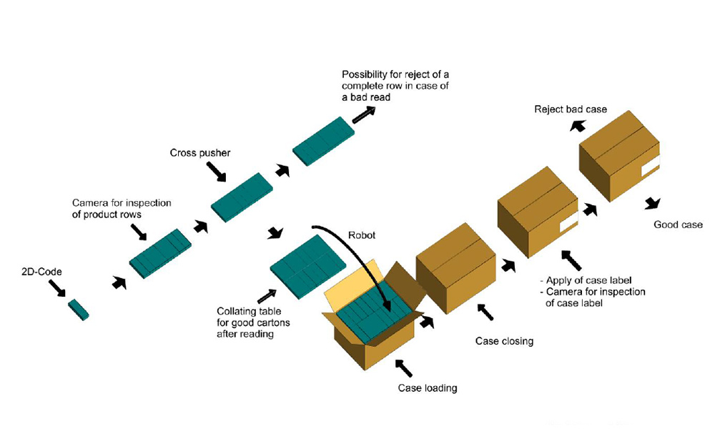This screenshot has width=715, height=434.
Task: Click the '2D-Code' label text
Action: (41, 272)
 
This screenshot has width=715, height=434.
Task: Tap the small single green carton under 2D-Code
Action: (79, 310)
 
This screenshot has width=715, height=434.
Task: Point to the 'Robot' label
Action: (360, 235)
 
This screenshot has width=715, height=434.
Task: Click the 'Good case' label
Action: (678, 225)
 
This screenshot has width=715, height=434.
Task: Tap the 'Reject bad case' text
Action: (571, 109)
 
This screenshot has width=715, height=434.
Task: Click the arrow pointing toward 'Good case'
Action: (651, 202)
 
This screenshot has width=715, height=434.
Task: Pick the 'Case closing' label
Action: (504, 341)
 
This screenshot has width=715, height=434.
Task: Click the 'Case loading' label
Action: (427, 388)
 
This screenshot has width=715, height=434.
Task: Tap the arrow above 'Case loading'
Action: (403, 367)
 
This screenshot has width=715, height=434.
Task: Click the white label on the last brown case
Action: (651, 169)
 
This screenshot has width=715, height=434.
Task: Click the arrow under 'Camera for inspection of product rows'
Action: (139, 232)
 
